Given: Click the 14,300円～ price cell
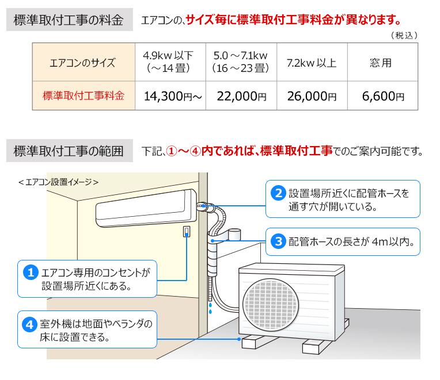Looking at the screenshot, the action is (x=170, y=96).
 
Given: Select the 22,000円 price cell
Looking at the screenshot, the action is (x=241, y=96).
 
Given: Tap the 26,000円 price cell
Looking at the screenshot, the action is (x=312, y=96).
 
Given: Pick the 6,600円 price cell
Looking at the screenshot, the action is (x=383, y=96).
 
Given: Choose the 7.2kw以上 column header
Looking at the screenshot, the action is (x=312, y=63).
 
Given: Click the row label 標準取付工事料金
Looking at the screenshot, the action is (x=84, y=96).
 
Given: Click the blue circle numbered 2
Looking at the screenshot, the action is (x=278, y=193).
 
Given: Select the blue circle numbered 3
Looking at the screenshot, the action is (x=278, y=241).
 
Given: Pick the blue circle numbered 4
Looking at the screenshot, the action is (x=29, y=324).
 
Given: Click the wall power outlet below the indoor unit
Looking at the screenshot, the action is (x=187, y=232).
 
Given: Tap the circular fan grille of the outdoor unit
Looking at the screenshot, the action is (x=271, y=304).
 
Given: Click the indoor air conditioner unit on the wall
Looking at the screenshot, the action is (x=146, y=208).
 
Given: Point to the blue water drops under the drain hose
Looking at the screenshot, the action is (x=210, y=308).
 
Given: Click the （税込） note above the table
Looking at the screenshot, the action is (x=404, y=35).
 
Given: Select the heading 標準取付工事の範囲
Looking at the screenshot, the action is (x=69, y=151).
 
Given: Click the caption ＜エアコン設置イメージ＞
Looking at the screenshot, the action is (x=58, y=182).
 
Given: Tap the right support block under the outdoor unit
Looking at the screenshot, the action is (x=312, y=346).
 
